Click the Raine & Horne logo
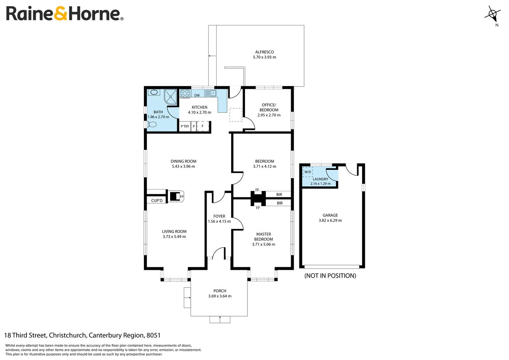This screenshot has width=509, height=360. (64, 14)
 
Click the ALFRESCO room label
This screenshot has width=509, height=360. (265, 52)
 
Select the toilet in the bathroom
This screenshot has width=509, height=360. (152, 124)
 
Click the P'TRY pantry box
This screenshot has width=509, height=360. (184, 127)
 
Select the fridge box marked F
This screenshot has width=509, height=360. (203, 127)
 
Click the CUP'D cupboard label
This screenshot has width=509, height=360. (157, 201)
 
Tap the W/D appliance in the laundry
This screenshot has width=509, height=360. (308, 172)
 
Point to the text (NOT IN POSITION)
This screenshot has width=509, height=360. (330, 276)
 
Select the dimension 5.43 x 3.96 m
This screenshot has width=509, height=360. (183, 166)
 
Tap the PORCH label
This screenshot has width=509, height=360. (220, 291)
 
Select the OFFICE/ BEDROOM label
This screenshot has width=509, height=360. (269, 107)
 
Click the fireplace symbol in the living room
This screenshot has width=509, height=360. (176, 196)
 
